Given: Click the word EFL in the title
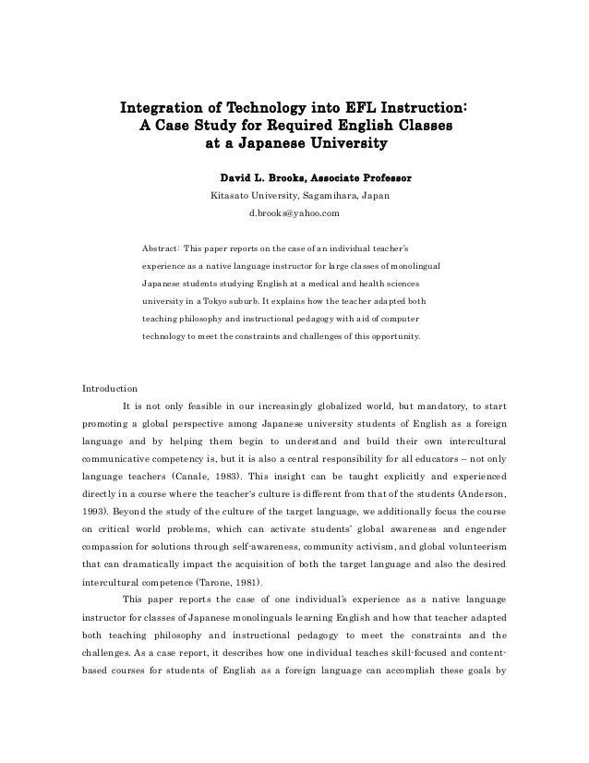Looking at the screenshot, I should pos(348,103).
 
